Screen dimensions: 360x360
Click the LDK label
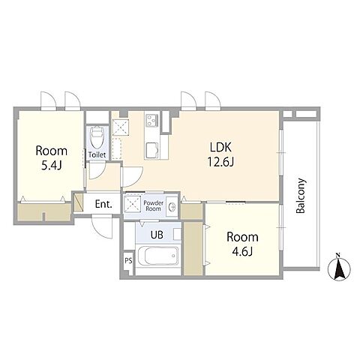220,148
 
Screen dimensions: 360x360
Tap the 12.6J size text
220,162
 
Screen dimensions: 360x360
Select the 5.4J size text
52,165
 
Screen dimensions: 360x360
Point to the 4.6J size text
242,251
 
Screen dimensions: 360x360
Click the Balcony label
301,196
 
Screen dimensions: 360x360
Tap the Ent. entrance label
103,204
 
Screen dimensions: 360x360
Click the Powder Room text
154,205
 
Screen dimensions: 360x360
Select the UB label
157,235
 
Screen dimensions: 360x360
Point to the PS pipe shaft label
128,261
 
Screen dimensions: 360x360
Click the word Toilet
97,155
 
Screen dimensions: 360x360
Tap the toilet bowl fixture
97,138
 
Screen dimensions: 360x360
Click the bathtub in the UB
158,256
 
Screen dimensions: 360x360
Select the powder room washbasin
172,207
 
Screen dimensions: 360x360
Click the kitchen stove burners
152,121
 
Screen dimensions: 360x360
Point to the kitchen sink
152,150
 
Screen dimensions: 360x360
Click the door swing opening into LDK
132,176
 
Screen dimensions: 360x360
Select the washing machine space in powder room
132,204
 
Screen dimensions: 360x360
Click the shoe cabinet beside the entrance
79,202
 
